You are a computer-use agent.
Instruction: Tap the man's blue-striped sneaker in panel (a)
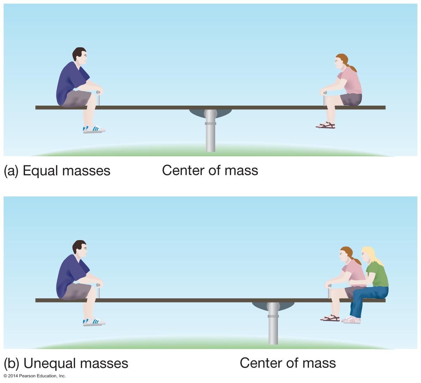94,130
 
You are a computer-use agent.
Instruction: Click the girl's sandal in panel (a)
326,125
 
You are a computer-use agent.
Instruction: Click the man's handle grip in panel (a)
99,94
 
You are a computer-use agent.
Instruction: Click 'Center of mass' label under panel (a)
210,170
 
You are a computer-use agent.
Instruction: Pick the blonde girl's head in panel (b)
368,254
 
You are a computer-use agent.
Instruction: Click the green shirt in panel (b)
378,274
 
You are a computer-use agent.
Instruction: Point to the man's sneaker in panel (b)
94,322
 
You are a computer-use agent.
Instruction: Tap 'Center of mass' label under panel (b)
287,363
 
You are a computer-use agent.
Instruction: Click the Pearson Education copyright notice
35,376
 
